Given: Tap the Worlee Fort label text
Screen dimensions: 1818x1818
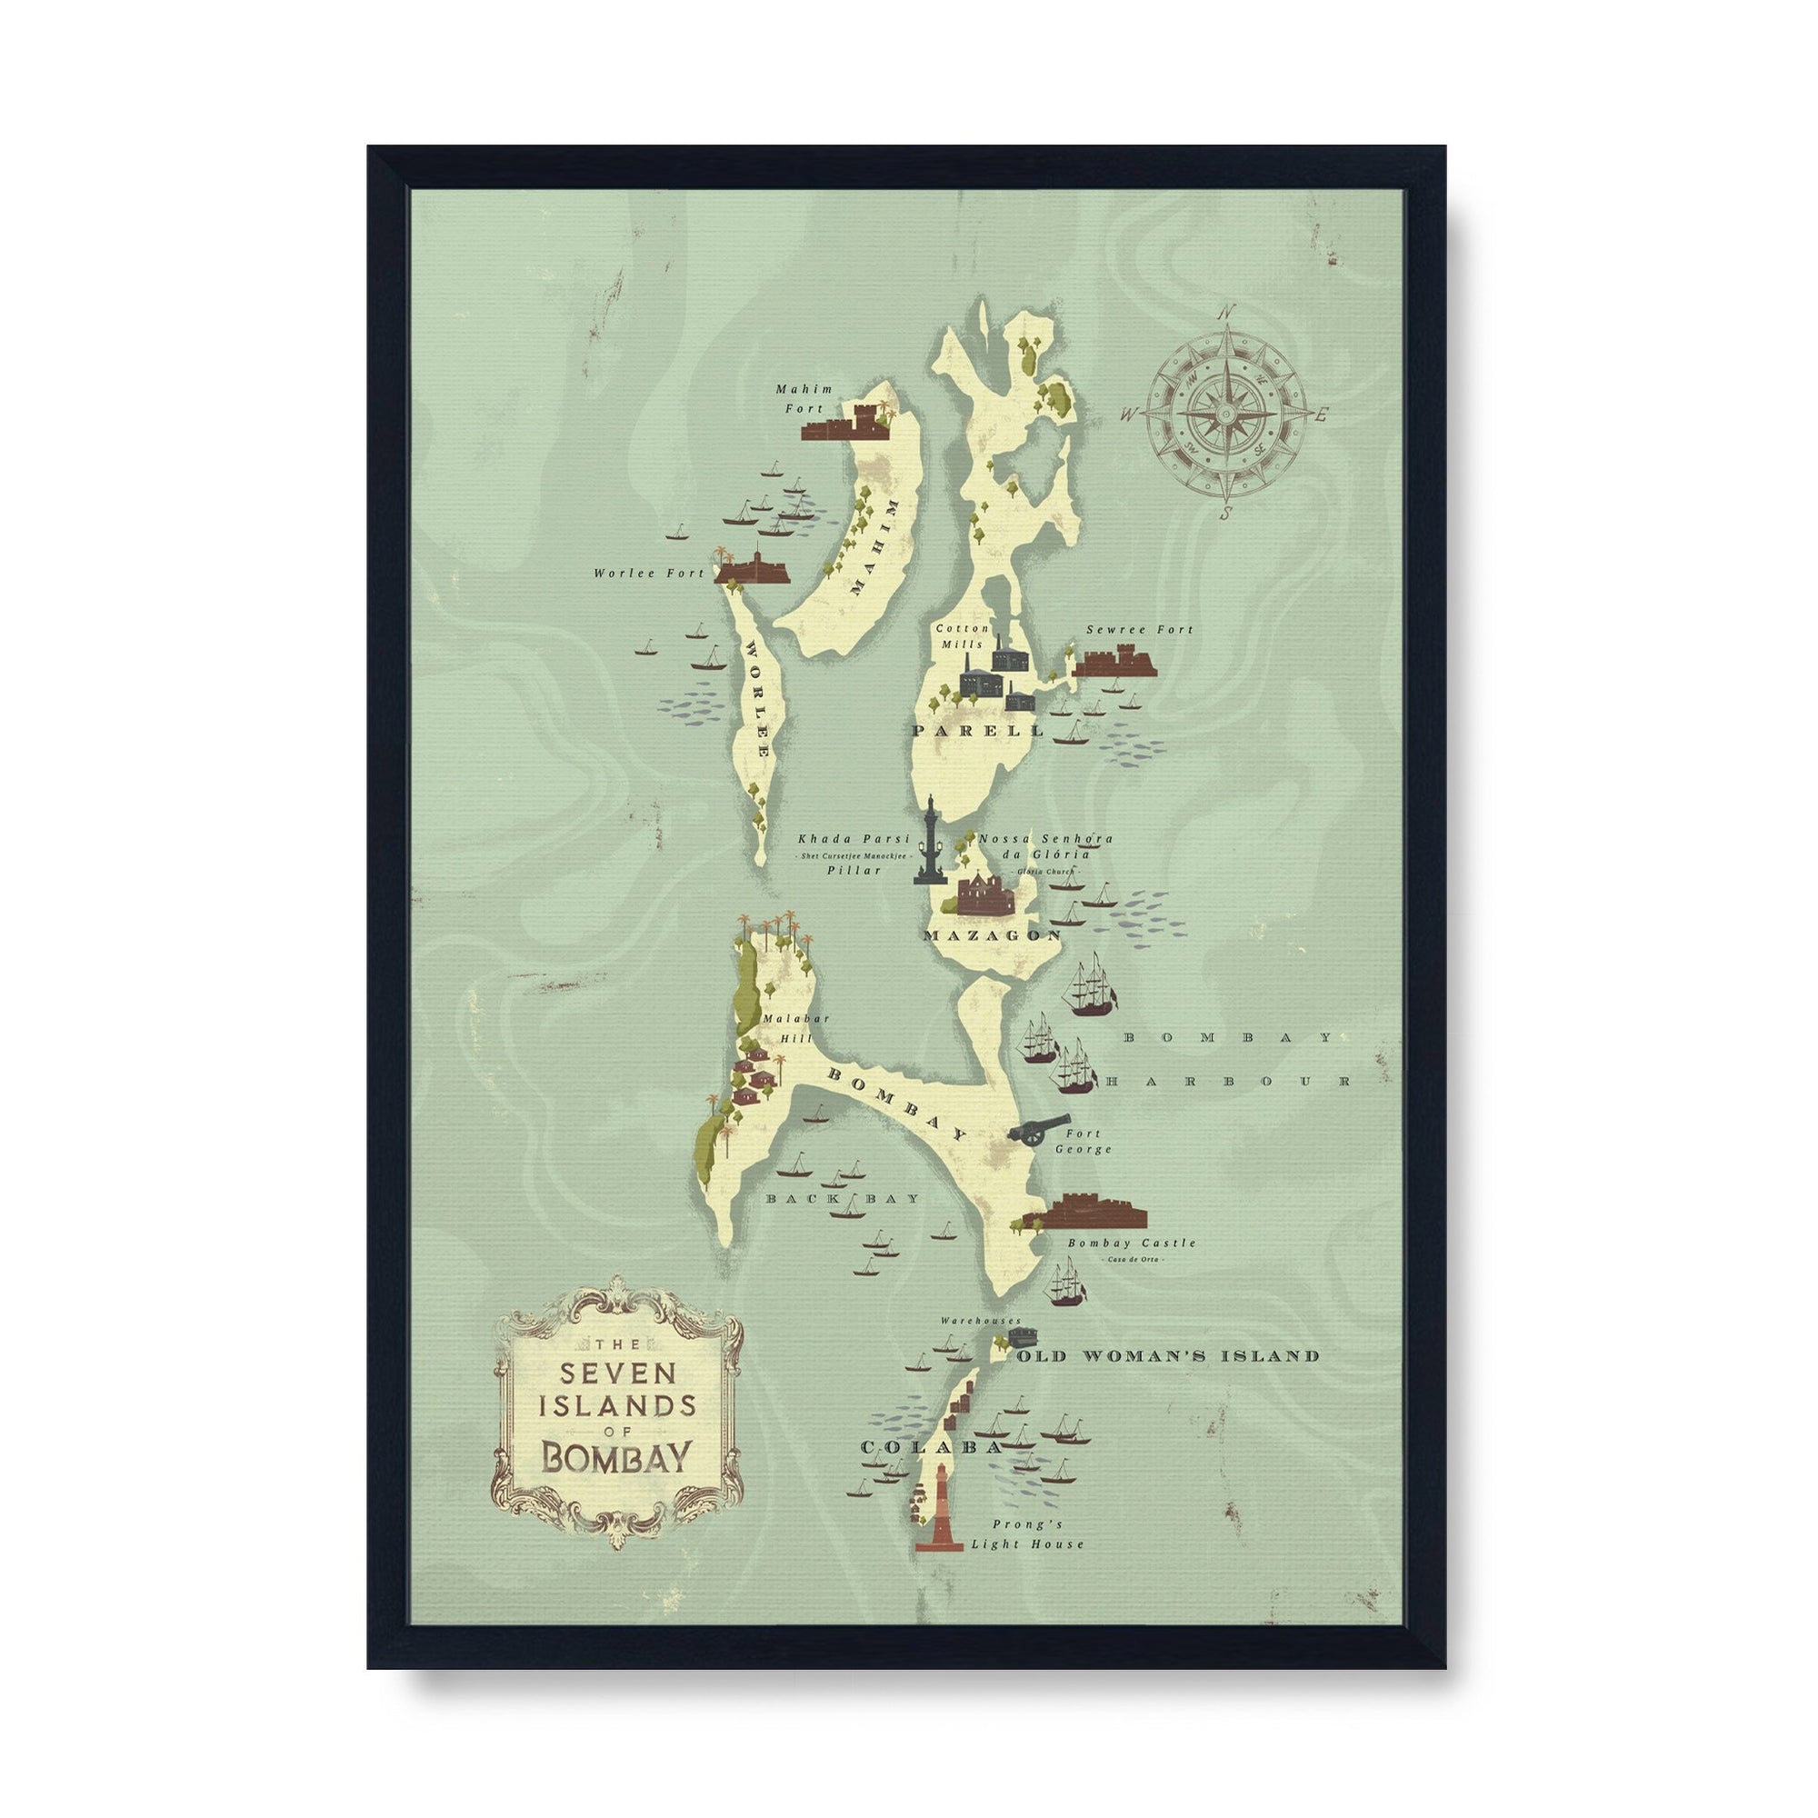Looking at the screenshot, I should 648,573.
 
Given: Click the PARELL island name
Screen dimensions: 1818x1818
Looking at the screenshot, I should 978,730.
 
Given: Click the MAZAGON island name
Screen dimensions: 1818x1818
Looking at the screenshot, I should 992,935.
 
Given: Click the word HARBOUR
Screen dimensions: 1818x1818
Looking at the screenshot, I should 1228,1082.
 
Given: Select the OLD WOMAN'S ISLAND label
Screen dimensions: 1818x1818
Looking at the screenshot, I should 1168,1356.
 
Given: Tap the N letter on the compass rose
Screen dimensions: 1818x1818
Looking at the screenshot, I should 1225,315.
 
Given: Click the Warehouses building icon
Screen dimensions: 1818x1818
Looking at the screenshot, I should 1021,1336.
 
